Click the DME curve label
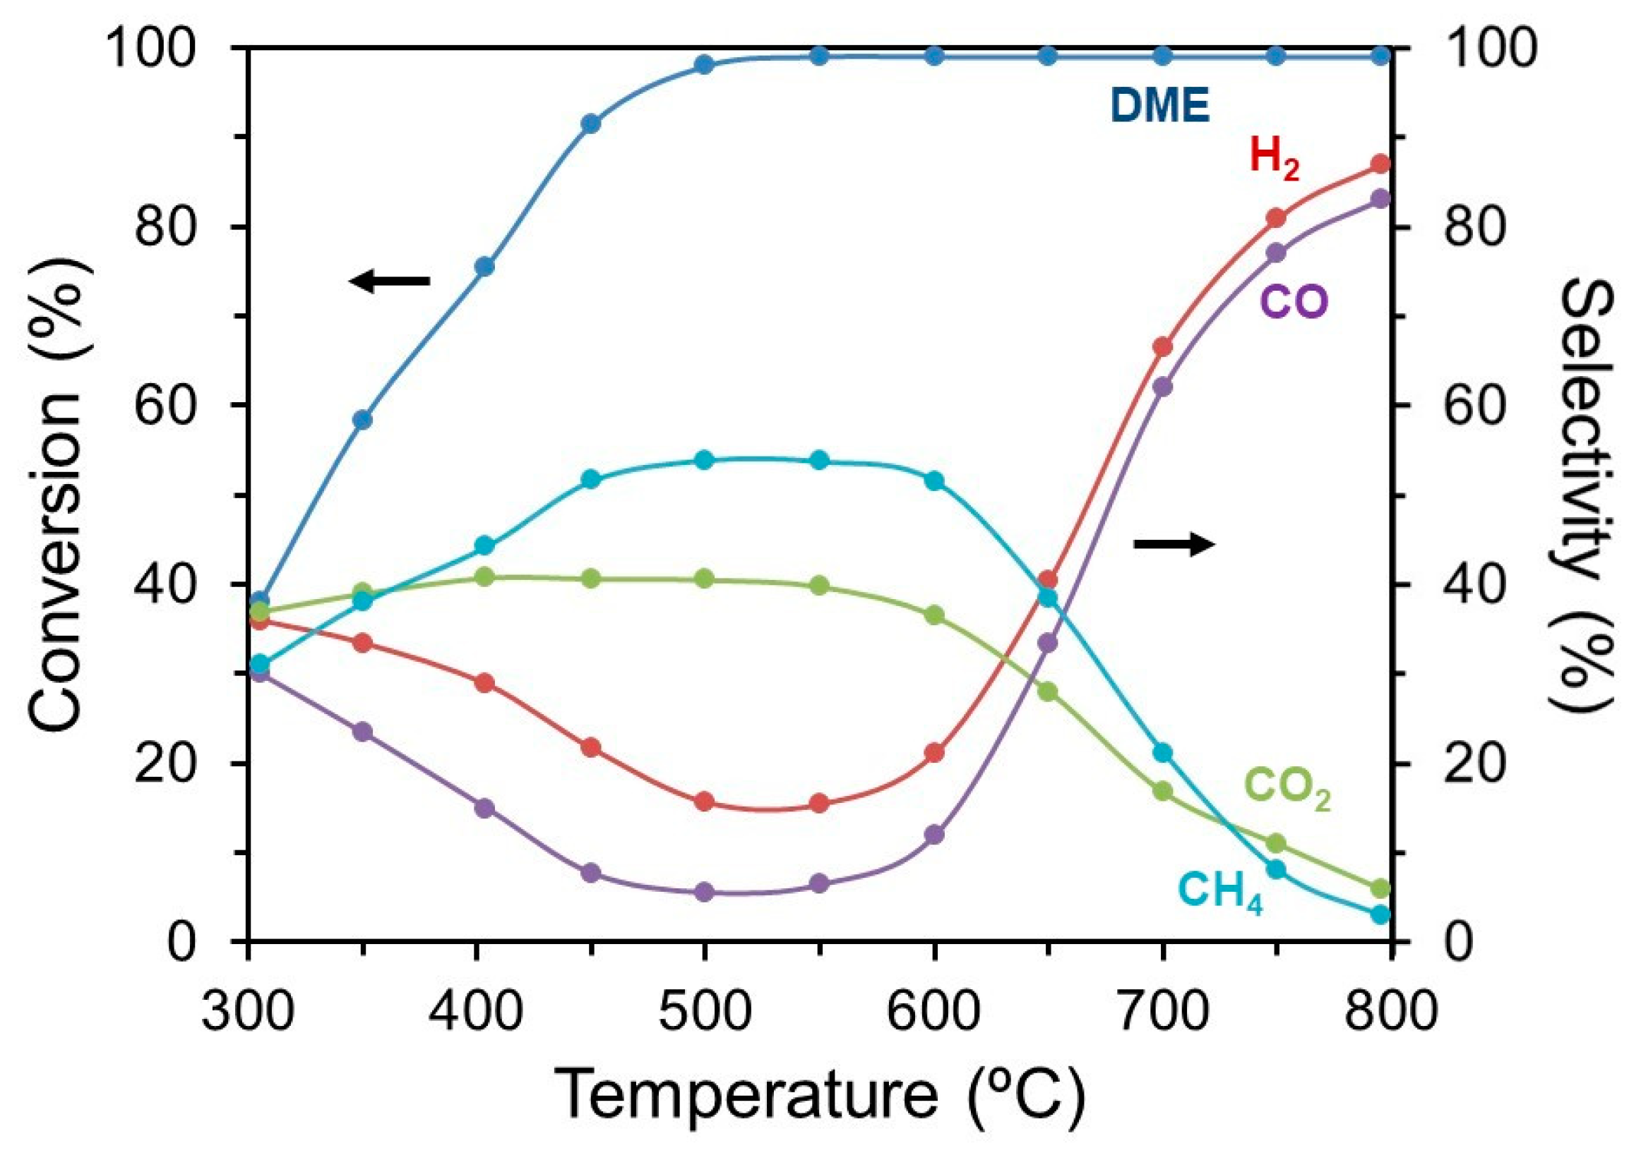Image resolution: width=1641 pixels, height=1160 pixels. tap(1160, 107)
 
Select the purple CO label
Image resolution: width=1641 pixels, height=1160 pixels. tap(1294, 302)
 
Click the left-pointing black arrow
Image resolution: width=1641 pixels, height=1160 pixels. tap(390, 281)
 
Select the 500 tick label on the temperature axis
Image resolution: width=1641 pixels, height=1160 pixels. tap(704, 1013)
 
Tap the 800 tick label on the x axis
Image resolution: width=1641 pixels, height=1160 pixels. tap(1389, 1013)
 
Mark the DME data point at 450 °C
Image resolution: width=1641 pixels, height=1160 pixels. tap(590, 123)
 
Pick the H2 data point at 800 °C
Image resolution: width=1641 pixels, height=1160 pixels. tap(1381, 164)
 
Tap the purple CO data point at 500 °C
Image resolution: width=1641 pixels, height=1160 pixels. tap(705, 891)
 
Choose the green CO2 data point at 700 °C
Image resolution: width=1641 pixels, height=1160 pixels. tap(1163, 791)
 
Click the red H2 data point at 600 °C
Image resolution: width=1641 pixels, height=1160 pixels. tap(934, 752)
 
